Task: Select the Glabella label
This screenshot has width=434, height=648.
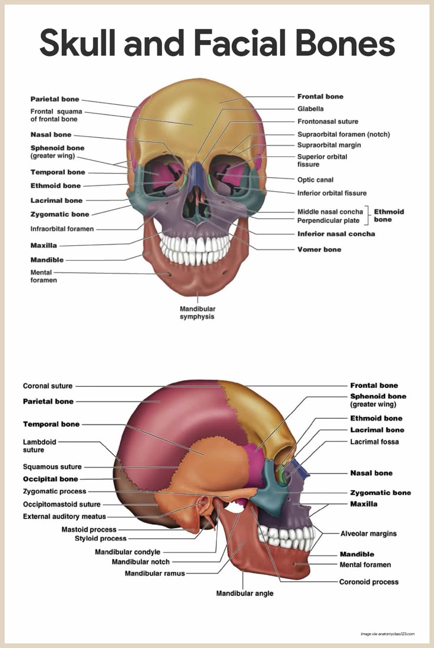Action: (x=310, y=109)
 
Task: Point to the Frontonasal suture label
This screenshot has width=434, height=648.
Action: (x=327, y=121)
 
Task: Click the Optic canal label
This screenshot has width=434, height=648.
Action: (x=315, y=180)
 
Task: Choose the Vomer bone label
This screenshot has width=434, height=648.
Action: (x=319, y=249)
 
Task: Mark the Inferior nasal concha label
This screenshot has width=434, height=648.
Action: (x=336, y=234)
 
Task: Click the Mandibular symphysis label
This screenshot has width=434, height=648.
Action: (x=198, y=313)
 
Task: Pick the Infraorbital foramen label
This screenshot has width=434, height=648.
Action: (x=62, y=229)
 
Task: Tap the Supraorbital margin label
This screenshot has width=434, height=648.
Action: (x=329, y=145)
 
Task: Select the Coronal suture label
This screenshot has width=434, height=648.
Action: (x=48, y=386)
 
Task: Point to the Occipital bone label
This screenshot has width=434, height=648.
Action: (x=50, y=479)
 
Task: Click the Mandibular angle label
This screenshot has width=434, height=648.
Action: (x=244, y=593)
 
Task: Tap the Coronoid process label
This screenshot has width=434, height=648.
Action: (x=369, y=582)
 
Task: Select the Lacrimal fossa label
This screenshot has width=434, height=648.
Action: (x=374, y=442)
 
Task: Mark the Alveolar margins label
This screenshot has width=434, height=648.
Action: (x=369, y=534)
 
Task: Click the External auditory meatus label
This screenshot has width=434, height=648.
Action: (x=64, y=517)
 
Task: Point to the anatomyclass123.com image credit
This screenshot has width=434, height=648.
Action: (x=387, y=634)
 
